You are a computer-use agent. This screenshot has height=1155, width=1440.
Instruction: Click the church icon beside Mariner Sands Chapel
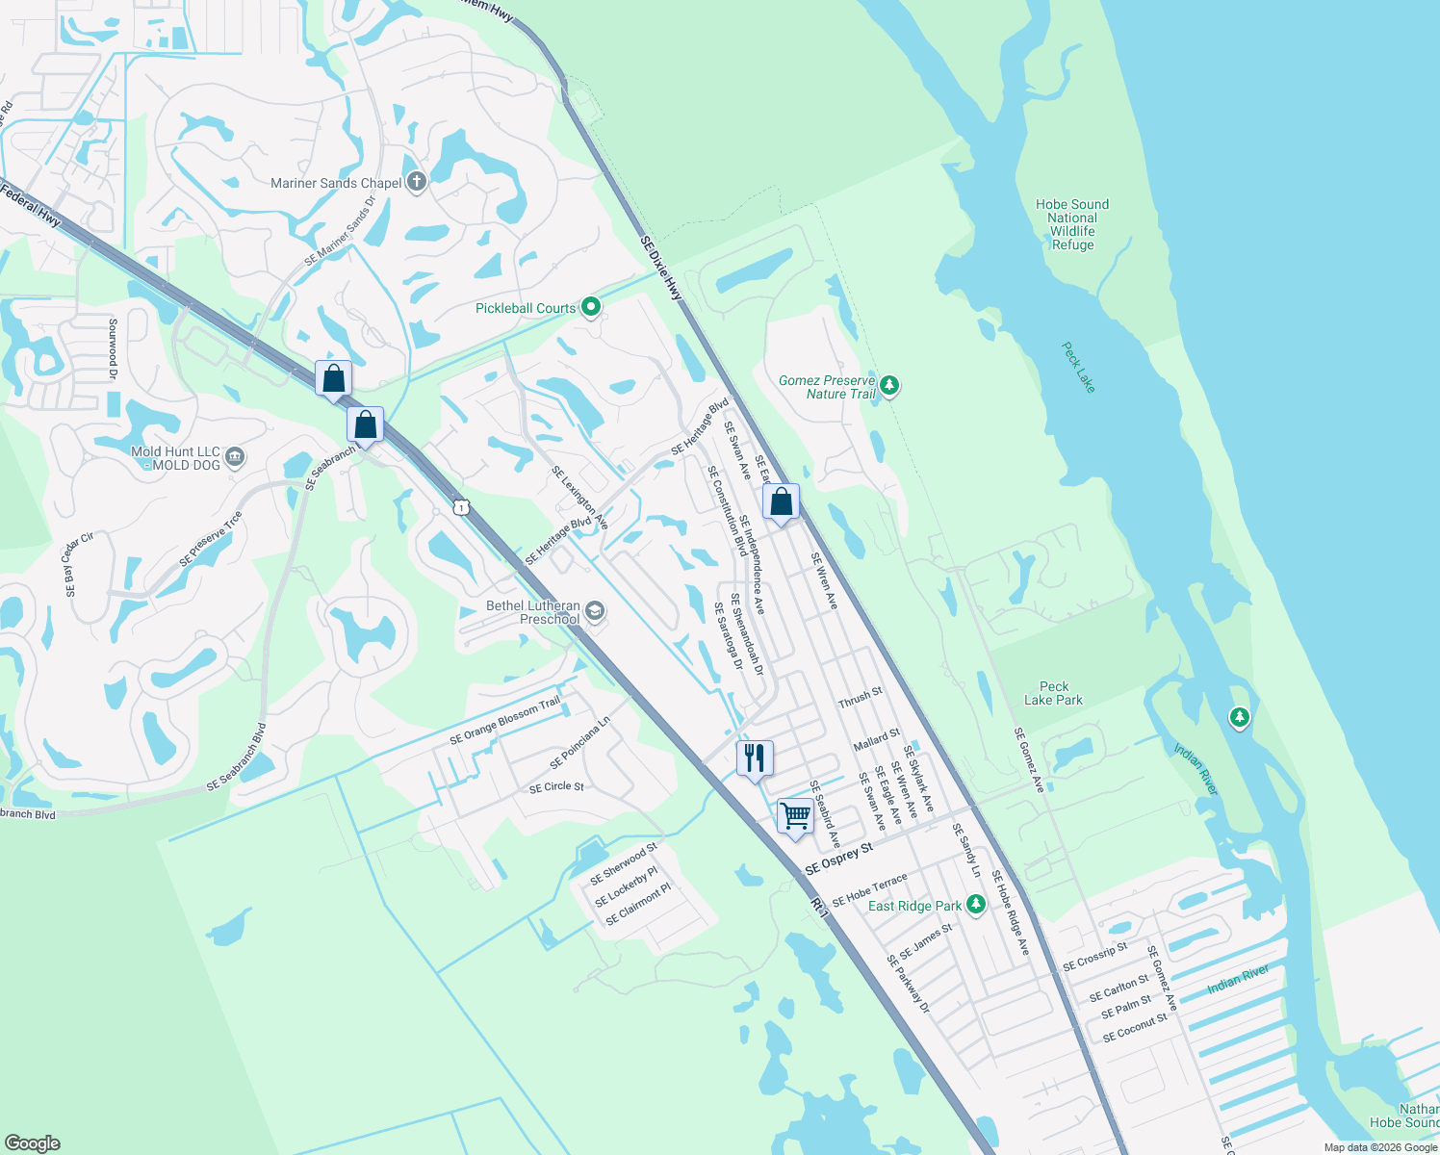(x=416, y=182)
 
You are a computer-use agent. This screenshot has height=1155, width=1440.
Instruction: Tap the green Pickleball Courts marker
(x=591, y=308)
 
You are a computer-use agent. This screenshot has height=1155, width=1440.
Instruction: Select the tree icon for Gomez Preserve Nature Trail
(x=889, y=387)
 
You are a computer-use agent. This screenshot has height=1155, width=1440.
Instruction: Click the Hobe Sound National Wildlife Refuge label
(x=1072, y=224)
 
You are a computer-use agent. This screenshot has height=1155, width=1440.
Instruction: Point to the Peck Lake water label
(x=1078, y=367)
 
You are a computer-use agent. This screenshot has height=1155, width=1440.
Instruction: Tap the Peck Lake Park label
(x=1053, y=693)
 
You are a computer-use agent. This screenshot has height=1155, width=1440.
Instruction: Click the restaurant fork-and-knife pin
(x=755, y=757)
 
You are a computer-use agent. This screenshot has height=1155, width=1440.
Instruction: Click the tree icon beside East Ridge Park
(x=976, y=905)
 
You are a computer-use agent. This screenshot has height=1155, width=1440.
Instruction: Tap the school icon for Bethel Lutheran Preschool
(x=595, y=611)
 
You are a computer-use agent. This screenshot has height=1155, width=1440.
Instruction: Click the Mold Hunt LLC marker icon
(x=234, y=457)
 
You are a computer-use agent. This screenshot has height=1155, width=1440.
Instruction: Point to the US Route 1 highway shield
(x=462, y=507)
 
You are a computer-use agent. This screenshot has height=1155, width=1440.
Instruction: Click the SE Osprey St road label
(x=838, y=858)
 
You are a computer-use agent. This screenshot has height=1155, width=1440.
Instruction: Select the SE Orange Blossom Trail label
(x=504, y=720)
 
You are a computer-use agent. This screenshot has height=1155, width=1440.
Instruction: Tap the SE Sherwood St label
(x=623, y=862)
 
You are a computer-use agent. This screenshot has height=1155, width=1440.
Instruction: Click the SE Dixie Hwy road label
(x=661, y=268)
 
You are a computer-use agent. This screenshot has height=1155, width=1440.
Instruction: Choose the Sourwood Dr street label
(x=113, y=348)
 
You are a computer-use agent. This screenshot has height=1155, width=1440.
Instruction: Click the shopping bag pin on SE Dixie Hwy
(x=781, y=501)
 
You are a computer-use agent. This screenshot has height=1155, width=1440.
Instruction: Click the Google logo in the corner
(x=33, y=1142)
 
